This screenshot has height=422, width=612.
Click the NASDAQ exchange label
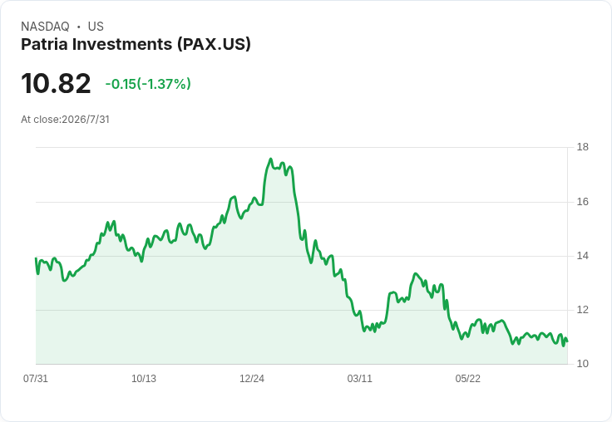click(45, 27)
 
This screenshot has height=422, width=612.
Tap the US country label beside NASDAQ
click(96, 27)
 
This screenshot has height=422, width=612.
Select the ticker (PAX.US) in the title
click(214, 45)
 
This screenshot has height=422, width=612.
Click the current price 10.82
click(56, 83)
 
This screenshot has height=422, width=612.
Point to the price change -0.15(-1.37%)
click(148, 84)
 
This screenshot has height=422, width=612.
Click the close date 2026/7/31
click(86, 120)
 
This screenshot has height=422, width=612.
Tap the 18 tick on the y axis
click(583, 147)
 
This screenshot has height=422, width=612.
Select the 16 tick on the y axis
click(583, 202)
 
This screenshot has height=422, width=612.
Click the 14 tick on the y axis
click(583, 256)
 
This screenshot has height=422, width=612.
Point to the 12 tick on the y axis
click(583, 310)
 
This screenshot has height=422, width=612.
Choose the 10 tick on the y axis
click(583, 364)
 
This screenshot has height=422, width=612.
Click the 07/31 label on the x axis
click(36, 378)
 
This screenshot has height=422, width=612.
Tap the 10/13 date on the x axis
click(144, 378)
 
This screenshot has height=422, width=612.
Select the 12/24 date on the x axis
click(252, 378)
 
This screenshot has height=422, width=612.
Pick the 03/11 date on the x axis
click(360, 378)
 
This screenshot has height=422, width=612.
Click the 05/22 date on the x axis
click(467, 378)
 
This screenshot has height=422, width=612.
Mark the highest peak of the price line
click(270, 159)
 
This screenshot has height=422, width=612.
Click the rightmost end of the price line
click(567, 341)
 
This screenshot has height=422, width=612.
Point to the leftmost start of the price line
click(36, 258)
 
